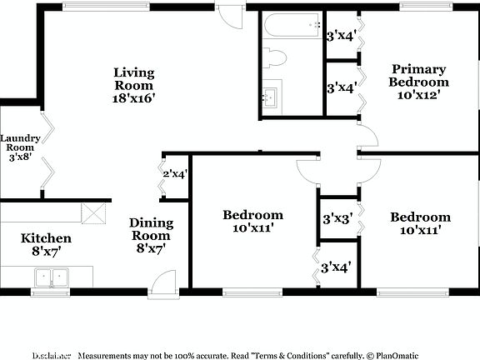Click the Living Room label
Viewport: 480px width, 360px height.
point(134,79)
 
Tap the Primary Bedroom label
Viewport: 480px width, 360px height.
point(418,76)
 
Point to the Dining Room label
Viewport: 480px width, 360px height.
point(151,229)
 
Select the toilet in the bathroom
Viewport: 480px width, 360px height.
point(274,57)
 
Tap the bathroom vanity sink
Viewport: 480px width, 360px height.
point(272,96)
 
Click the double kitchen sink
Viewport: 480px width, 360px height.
point(51,277)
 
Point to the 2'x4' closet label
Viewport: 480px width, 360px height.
point(175,174)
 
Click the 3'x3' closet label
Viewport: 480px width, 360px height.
point(337,219)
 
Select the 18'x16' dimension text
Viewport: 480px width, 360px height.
point(134,97)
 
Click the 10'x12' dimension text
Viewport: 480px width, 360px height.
point(418,95)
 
